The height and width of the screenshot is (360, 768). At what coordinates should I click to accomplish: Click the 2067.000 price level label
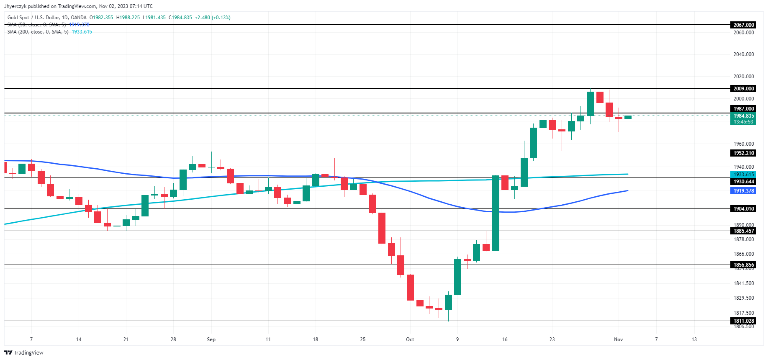(743, 25)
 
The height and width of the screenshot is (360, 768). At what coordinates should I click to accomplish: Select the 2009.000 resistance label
(743, 89)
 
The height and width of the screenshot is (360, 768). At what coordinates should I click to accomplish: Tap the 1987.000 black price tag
(743, 109)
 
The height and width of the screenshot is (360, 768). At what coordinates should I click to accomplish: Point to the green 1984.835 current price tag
(743, 116)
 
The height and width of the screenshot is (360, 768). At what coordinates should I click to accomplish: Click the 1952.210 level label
(743, 153)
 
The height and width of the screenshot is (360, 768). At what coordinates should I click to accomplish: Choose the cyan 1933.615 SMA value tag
(743, 175)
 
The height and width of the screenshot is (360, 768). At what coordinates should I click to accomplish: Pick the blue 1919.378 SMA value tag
(743, 191)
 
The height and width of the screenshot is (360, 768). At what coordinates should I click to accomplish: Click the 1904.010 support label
(743, 209)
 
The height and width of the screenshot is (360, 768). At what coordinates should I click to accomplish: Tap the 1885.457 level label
(743, 231)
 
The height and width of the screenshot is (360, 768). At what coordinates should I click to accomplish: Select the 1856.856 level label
(743, 265)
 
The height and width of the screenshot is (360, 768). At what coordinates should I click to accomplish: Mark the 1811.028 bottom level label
(743, 321)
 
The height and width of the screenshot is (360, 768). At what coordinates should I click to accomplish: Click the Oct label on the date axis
(410, 339)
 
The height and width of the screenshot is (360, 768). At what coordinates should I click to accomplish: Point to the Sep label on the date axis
(211, 339)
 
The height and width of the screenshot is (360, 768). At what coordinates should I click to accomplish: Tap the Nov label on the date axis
(619, 339)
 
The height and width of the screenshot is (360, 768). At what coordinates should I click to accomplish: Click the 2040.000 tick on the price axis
(743, 54)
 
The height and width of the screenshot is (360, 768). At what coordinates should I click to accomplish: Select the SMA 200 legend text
(38, 32)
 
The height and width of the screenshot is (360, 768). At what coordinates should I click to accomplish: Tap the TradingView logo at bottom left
(24, 353)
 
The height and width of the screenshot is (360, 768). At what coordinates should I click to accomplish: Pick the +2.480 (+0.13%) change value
(213, 18)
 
